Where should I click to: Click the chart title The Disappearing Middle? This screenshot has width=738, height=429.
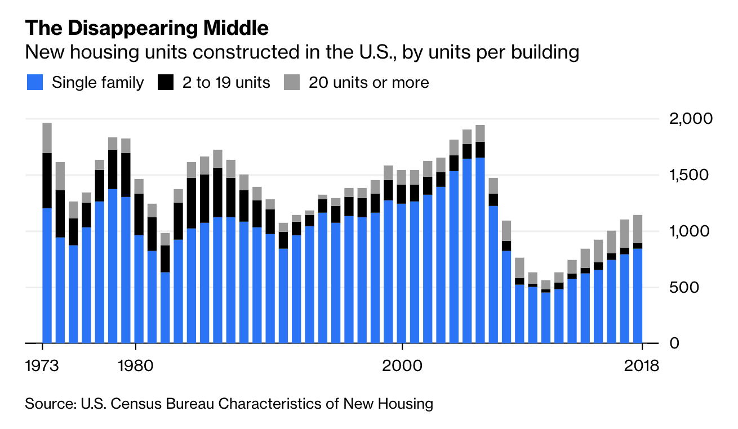(x=146, y=28)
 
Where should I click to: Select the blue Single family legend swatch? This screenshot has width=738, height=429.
(x=34, y=83)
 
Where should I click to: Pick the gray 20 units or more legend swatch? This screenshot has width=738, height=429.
(x=292, y=83)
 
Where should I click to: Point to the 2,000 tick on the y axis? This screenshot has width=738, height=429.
(x=691, y=119)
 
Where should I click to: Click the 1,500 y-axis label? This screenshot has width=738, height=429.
(x=691, y=175)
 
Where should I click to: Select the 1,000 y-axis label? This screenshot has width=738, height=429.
(x=691, y=231)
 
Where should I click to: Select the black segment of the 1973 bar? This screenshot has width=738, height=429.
(x=47, y=180)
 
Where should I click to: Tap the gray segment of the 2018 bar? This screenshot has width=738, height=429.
(x=638, y=229)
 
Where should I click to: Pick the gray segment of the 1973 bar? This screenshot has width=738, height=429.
(x=47, y=137)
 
